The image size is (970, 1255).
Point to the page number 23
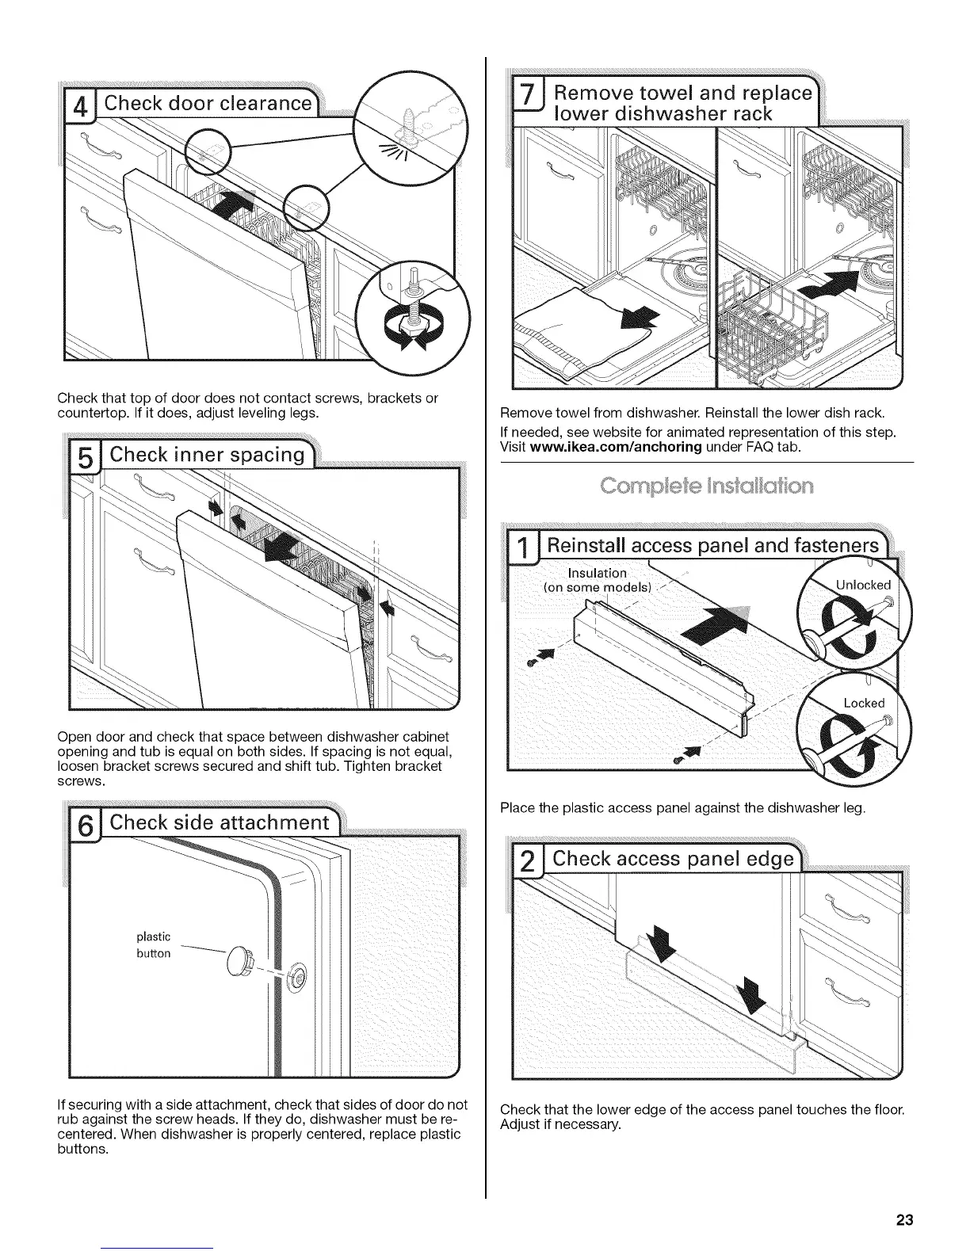click(904, 1219)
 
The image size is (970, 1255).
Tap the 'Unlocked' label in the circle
click(863, 585)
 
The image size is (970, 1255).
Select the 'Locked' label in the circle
click(864, 703)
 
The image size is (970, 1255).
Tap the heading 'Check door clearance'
click(208, 104)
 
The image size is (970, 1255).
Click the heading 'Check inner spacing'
click(207, 455)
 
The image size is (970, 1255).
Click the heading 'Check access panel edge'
click(673, 859)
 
